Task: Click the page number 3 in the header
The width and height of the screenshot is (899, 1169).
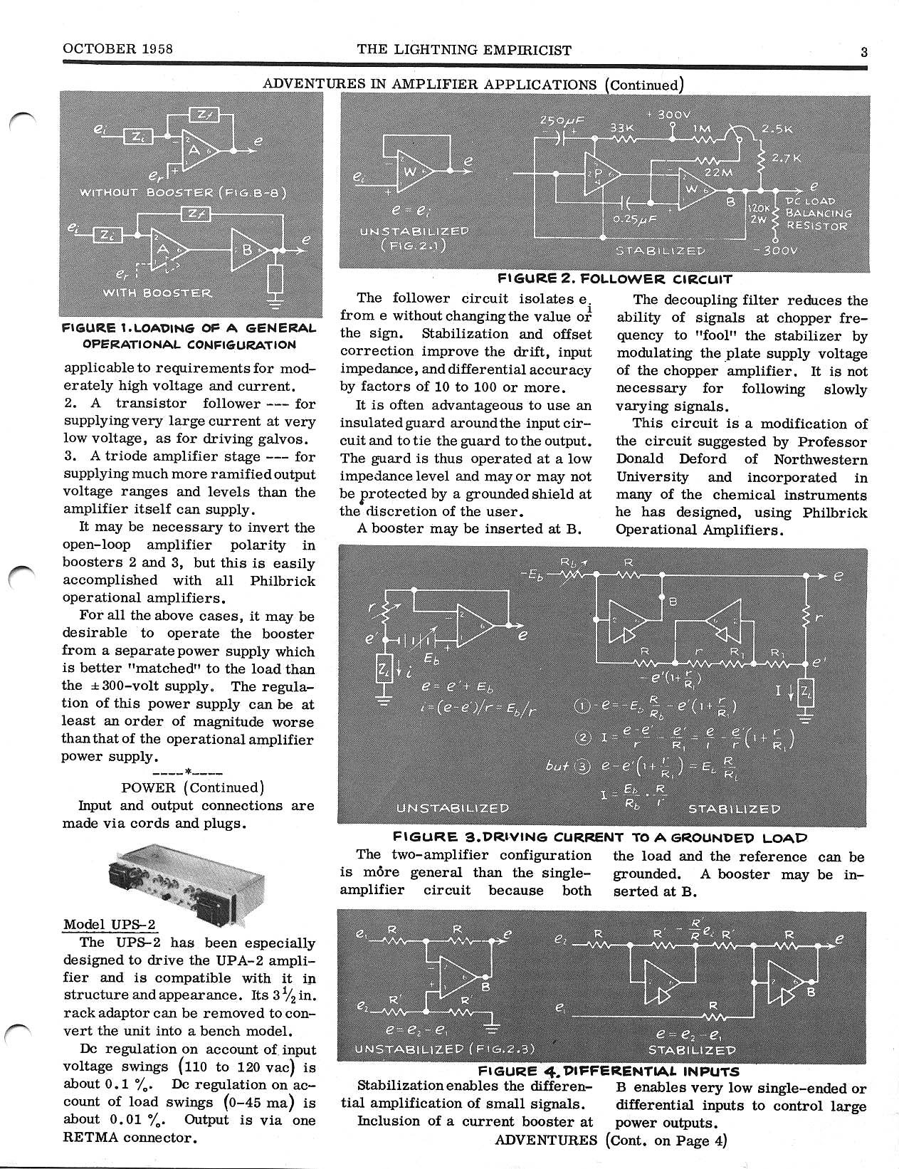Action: [863, 51]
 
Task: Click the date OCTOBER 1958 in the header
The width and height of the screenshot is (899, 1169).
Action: [118, 49]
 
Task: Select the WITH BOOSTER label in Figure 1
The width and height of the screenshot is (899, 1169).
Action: [157, 293]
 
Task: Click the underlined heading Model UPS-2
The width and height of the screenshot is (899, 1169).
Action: [109, 925]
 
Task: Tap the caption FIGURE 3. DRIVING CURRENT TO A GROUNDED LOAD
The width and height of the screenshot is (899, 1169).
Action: [600, 838]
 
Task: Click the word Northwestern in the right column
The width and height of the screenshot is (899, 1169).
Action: [821, 460]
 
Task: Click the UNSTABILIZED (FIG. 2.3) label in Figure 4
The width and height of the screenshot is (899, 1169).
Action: [443, 1049]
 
